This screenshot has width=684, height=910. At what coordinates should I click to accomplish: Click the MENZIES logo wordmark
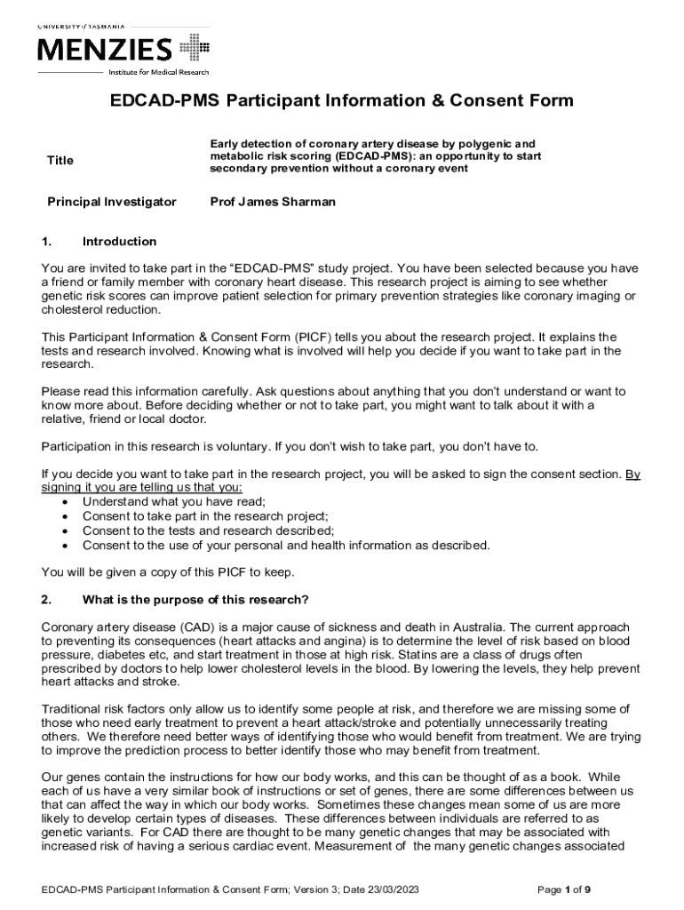tap(104, 50)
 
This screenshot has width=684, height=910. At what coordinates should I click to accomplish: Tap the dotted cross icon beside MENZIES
tap(195, 48)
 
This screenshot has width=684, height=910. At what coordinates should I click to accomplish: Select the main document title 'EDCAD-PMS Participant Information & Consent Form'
tap(341, 100)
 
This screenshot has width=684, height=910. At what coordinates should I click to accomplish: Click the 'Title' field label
tap(60, 160)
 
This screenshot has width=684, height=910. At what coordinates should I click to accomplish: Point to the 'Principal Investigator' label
tap(112, 202)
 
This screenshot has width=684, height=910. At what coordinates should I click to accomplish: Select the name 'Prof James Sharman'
tap(273, 202)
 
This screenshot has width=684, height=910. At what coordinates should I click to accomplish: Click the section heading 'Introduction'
tap(119, 241)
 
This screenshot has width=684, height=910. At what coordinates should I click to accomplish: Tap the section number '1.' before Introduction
tap(48, 241)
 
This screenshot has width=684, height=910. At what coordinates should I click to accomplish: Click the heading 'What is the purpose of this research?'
tap(195, 598)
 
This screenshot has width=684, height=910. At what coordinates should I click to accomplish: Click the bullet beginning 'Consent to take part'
tap(205, 516)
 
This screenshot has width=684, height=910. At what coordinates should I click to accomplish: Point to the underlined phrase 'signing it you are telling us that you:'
tap(141, 488)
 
